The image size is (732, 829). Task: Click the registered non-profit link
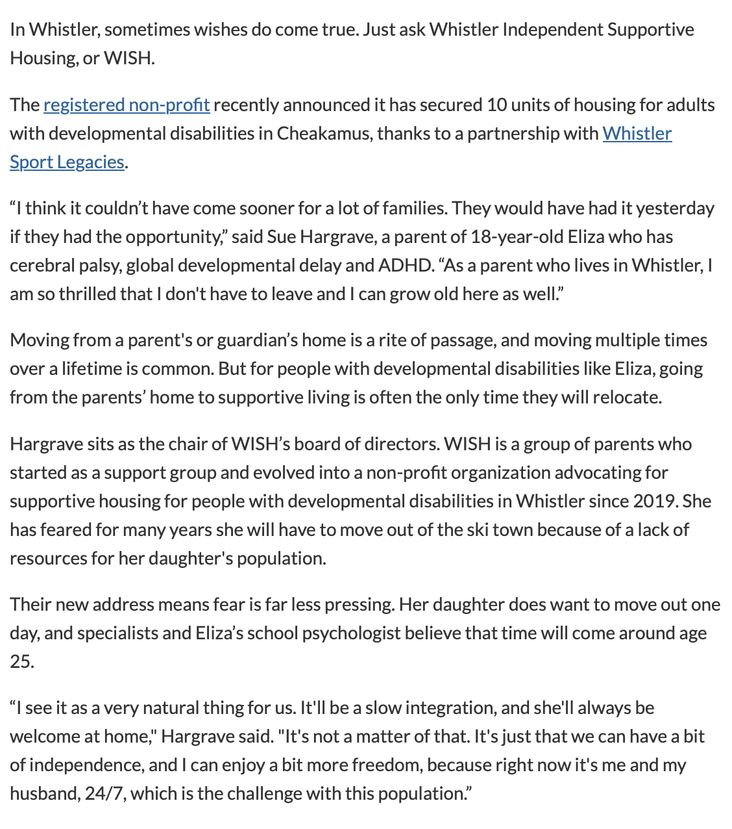[x=127, y=105]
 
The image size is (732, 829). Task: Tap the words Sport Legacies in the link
[x=67, y=162]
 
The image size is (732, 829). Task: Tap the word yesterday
[x=675, y=209]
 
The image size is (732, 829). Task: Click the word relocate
[x=627, y=398]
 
